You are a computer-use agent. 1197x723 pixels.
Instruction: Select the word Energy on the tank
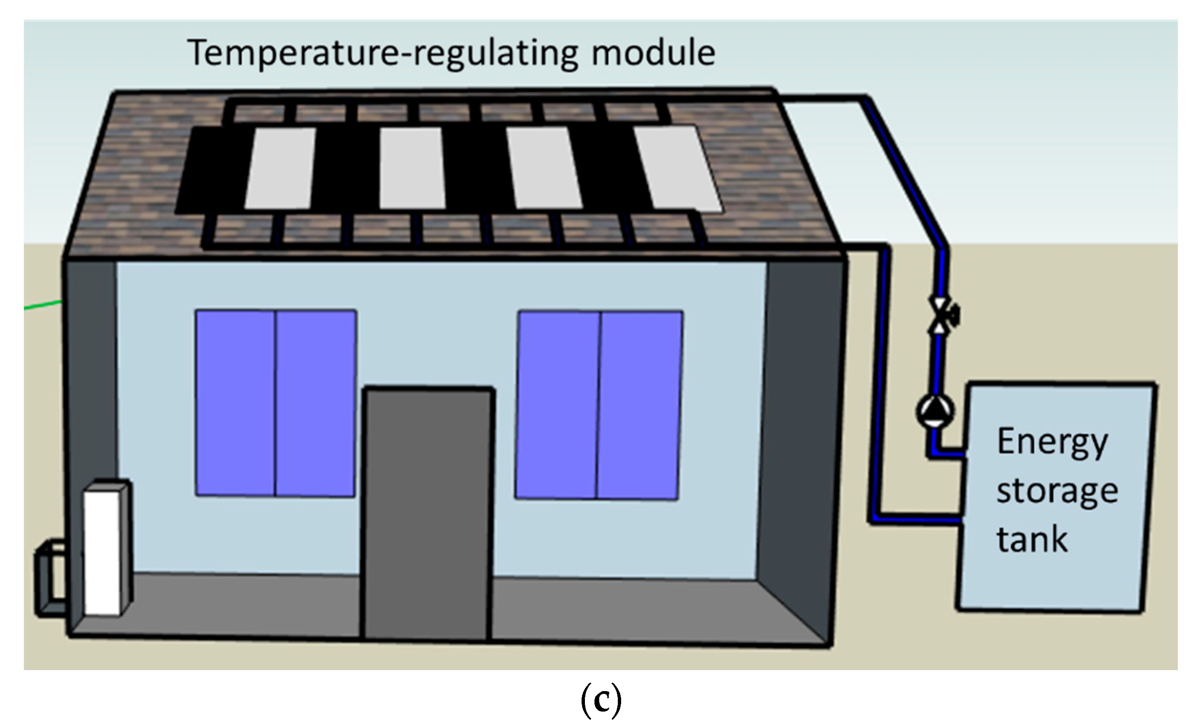pos(1052,442)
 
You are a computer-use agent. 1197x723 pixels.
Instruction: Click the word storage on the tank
pos(1056,492)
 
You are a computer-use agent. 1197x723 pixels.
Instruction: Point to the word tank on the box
pos(1032,540)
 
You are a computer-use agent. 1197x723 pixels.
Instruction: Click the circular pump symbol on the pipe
pos(935,411)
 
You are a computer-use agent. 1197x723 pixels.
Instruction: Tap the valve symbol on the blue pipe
pos(940,315)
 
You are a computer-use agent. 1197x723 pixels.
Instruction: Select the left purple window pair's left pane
pos(235,403)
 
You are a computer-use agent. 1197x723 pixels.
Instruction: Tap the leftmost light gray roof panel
pos(280,168)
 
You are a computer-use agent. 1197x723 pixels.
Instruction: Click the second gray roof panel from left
pos(412,168)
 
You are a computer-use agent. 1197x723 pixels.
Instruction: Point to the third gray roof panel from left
pos(543,168)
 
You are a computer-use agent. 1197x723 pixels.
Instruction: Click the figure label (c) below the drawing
pos(601,700)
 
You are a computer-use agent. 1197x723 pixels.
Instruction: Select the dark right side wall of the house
pos(802,437)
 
